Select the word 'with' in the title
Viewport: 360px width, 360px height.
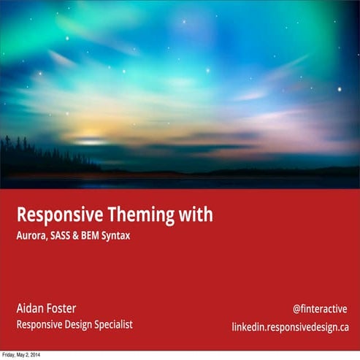pyautogui.click(x=195, y=215)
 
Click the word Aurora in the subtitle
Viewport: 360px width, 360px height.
pyautogui.click(x=33, y=237)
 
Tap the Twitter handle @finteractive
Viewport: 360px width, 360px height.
pyautogui.click(x=320, y=309)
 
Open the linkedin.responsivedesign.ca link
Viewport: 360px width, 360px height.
pyautogui.click(x=291, y=326)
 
